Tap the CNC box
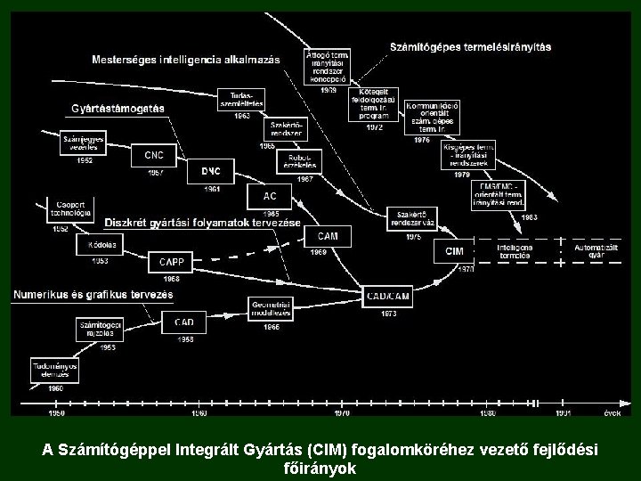(153, 155)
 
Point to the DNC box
(211, 171)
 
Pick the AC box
(270, 196)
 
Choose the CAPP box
(171, 262)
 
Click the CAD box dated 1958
(184, 322)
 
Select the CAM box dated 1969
(328, 236)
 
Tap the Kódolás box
(77, 242)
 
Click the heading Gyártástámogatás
(118, 109)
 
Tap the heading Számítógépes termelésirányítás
(470, 46)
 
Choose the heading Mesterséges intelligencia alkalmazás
(185, 60)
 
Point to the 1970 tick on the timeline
(342, 413)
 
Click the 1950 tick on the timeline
(55, 413)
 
